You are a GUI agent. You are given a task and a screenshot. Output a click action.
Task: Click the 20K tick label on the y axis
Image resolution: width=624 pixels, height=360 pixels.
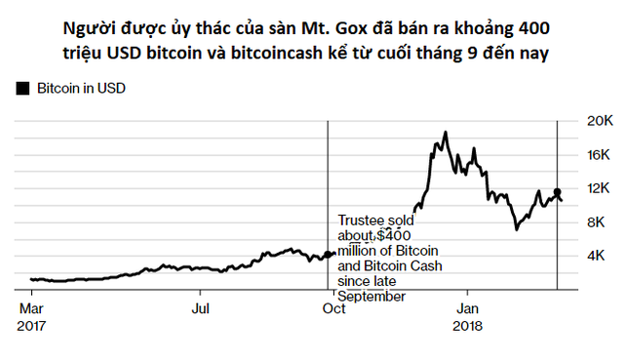pos(597,120)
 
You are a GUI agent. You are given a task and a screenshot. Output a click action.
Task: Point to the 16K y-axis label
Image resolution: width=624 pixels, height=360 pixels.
pos(597,154)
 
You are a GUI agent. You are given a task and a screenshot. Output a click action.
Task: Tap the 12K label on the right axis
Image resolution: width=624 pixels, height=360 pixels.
pos(597,188)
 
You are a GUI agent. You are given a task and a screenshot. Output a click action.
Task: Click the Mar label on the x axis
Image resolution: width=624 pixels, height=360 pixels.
pos(31,309)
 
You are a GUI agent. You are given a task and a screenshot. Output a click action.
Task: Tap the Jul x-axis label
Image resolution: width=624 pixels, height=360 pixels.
pos(199,309)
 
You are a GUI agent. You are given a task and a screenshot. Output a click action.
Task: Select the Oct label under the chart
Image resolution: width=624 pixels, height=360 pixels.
pos(333,309)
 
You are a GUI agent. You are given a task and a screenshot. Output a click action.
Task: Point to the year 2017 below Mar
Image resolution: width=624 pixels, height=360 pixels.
pos(32,326)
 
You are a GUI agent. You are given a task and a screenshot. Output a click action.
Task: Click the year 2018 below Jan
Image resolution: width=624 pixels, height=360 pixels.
pos(470,326)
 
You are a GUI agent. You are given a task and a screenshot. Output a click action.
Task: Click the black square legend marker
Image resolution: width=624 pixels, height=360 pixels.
pos(22,88)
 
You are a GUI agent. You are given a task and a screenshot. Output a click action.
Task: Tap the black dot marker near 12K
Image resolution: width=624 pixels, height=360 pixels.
pos(557,192)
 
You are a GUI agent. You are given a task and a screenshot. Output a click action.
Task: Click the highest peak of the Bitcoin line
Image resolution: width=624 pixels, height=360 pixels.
pos(446,132)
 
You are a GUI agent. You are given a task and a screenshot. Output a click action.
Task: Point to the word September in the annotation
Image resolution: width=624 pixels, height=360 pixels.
pos(371,296)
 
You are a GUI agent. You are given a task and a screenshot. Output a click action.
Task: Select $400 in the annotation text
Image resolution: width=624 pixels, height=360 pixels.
pos(396,235)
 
